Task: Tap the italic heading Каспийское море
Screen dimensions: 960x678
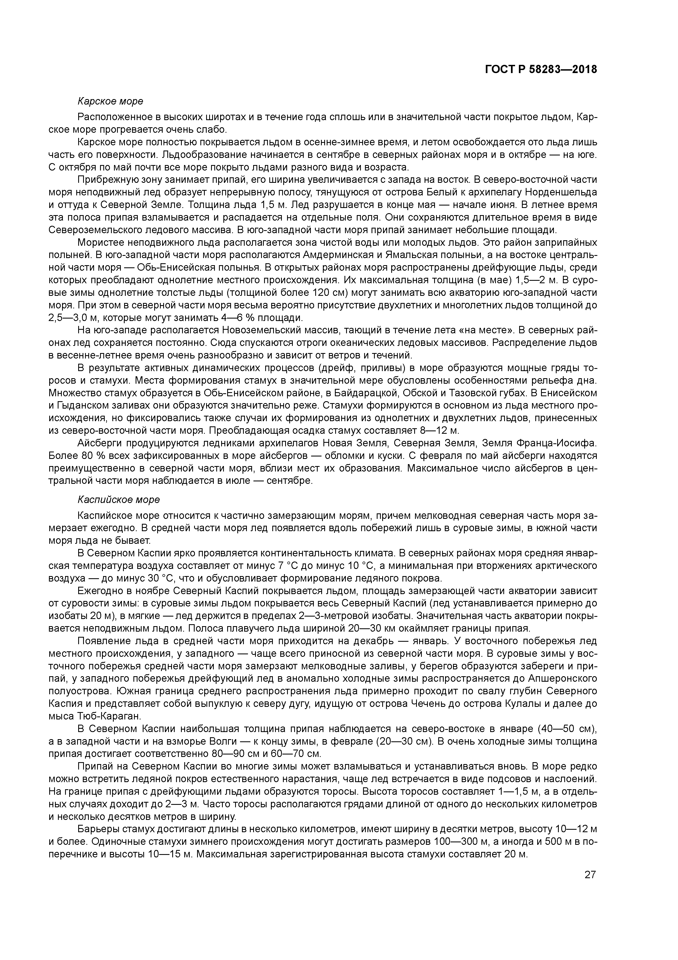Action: click(119, 500)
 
